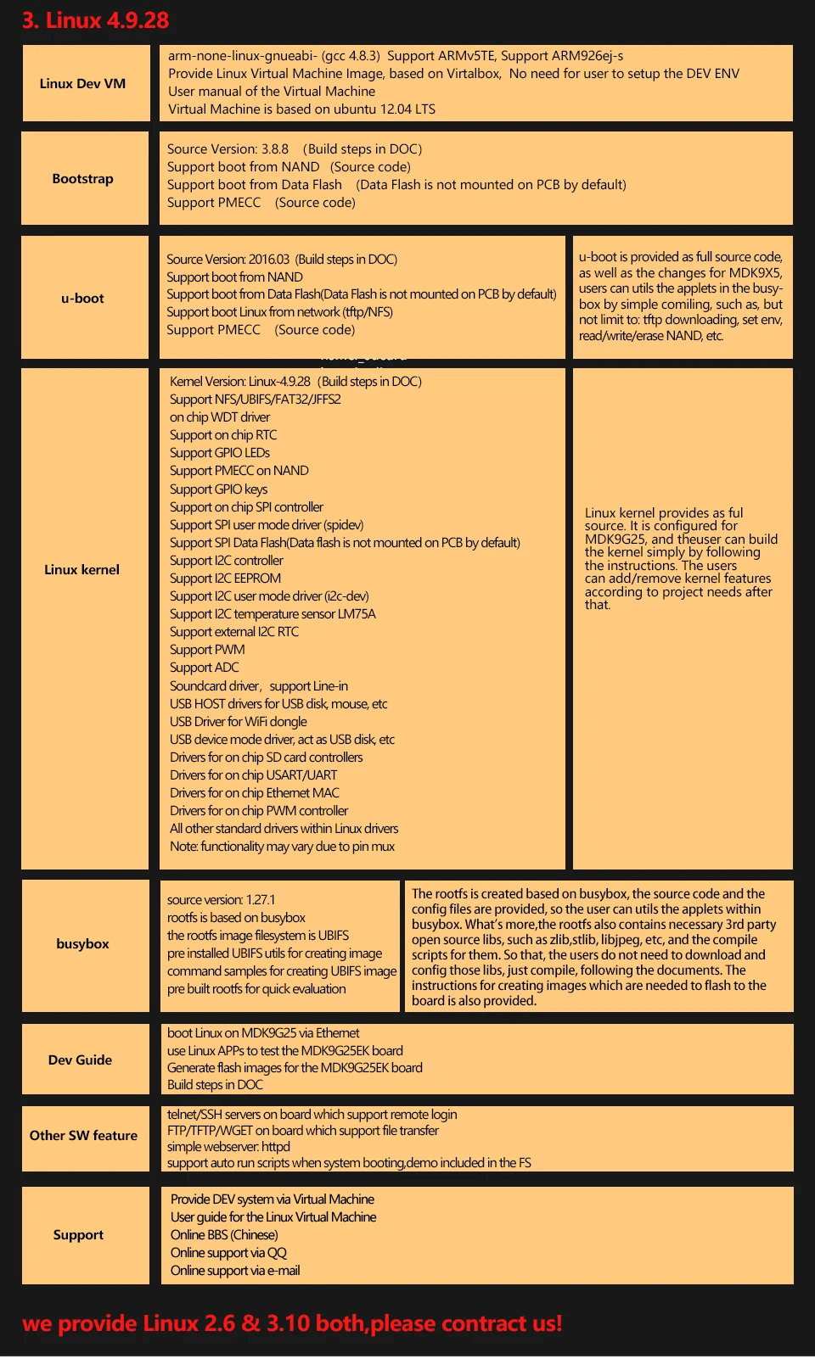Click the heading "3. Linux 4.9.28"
[95, 20]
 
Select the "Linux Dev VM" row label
[82, 83]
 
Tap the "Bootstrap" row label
[82, 178]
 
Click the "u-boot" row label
[82, 298]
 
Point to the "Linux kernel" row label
[81, 569]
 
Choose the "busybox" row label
[82, 943]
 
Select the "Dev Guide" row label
[80, 1060]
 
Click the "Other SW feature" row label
[83, 1135]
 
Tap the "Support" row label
[78, 1234]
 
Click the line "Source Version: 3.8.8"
[228, 149]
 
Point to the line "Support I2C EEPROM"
[225, 579]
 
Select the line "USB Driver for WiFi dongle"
[239, 722]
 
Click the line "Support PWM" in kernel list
[207, 650]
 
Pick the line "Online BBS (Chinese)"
[224, 1235]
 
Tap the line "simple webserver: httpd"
[228, 1147]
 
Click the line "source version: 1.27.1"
[221, 900]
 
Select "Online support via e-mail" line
[235, 1271]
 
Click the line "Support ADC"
[205, 668]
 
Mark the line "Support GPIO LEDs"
[220, 453]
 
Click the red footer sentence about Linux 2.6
[292, 1323]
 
